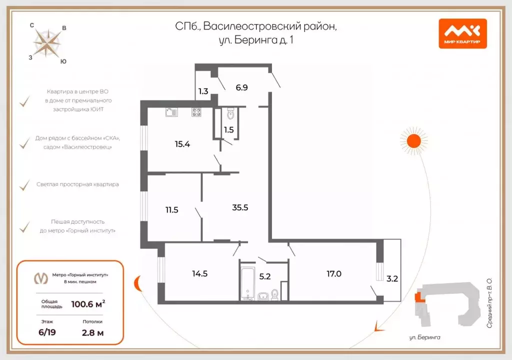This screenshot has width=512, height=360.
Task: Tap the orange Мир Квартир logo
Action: coord(462,33)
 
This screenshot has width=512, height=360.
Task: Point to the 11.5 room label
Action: coord(171,210)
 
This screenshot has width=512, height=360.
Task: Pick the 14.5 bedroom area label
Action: coord(199,273)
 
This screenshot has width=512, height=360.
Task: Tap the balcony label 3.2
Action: coord(392,279)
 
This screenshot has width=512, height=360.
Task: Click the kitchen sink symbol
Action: coord(171,112)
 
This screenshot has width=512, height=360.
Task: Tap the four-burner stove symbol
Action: coord(196,112)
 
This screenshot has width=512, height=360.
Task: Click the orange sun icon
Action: coord(413,141)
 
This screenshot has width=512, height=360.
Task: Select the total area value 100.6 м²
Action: coord(88,303)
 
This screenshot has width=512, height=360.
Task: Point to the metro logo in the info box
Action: coord(40,278)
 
